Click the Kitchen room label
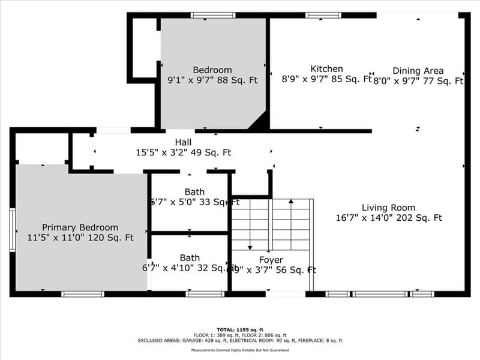click(x=326, y=69)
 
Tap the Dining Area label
click(x=418, y=70)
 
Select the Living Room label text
click(x=388, y=208)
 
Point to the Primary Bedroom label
click(x=80, y=227)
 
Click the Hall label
click(x=183, y=142)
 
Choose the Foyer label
click(x=271, y=260)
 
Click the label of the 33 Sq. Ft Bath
click(x=194, y=192)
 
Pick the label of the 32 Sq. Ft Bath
click(x=190, y=258)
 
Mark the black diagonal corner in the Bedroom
click(x=260, y=122)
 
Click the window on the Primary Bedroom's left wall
click(x=13, y=226)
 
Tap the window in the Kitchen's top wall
click(x=323, y=15)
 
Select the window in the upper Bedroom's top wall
click(x=213, y=15)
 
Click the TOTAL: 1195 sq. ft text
click(x=240, y=330)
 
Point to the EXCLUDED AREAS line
click(x=240, y=340)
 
